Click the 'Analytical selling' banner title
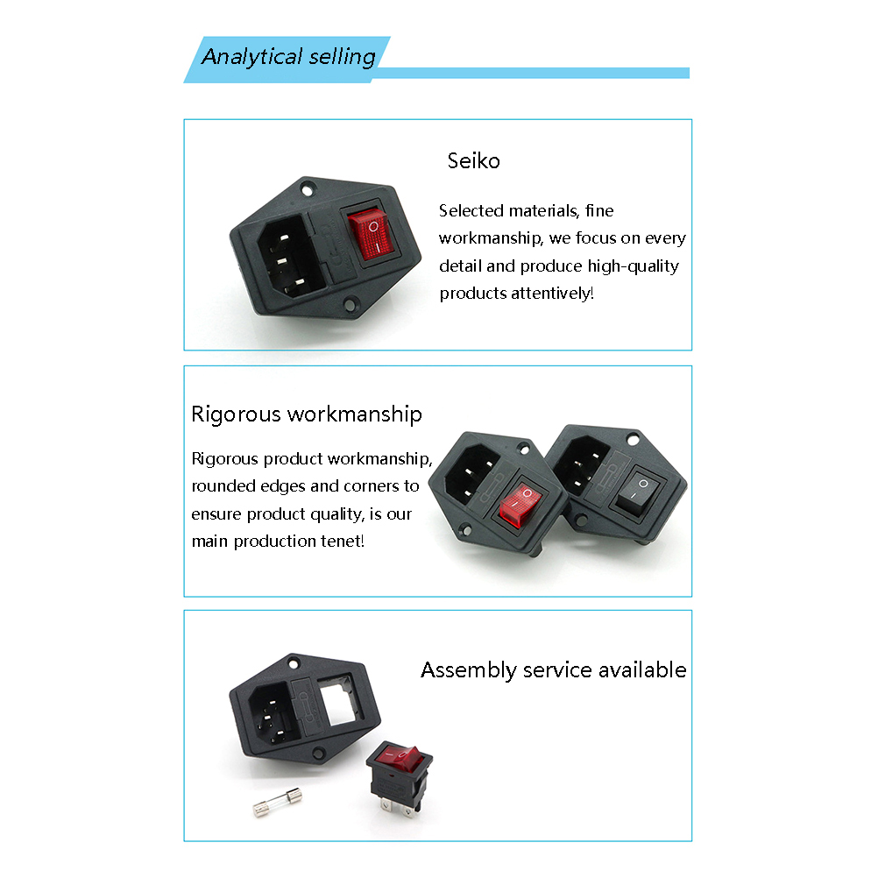point(288,57)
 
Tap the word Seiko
point(474,160)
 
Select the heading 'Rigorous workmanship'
point(307,415)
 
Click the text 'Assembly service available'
point(553,670)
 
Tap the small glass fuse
point(277,801)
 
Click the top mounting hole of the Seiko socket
point(307,190)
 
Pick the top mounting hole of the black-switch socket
point(633,440)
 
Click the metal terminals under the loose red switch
point(399,806)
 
